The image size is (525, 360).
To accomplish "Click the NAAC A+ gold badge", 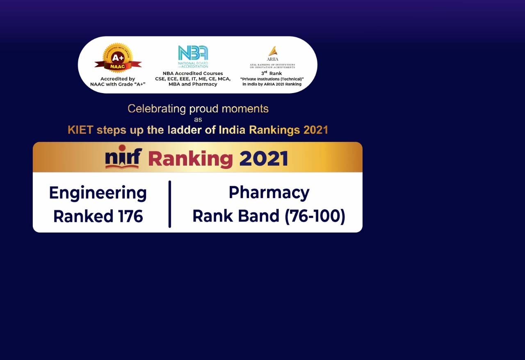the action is (x=118, y=58).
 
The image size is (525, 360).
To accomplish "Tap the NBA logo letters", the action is (x=193, y=53).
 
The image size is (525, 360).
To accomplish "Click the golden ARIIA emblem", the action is (x=273, y=50).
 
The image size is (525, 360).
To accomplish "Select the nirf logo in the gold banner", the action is (x=123, y=157).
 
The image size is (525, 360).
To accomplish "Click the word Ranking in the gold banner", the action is (x=190, y=159).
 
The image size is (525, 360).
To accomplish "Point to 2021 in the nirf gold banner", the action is (x=264, y=159).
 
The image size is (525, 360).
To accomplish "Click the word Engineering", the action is (x=98, y=194).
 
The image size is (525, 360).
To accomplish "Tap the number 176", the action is (x=130, y=216).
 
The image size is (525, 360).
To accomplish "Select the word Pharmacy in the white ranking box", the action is (x=269, y=193).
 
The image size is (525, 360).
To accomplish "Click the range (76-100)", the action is (x=315, y=216).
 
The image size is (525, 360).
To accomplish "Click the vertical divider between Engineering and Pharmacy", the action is (x=170, y=204).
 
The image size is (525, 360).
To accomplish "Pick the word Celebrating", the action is (x=157, y=109).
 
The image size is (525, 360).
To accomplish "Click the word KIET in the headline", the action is (x=81, y=130).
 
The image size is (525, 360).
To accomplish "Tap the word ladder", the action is (x=185, y=130).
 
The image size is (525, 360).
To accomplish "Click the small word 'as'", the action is (x=198, y=120).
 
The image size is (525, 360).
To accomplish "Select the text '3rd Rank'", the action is (x=272, y=73).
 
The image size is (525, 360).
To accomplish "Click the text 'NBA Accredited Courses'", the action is (x=193, y=73).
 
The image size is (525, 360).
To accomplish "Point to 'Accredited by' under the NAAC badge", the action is (x=118, y=79).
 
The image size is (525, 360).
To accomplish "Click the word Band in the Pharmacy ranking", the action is (x=259, y=216).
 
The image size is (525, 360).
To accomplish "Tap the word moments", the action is (x=245, y=109).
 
